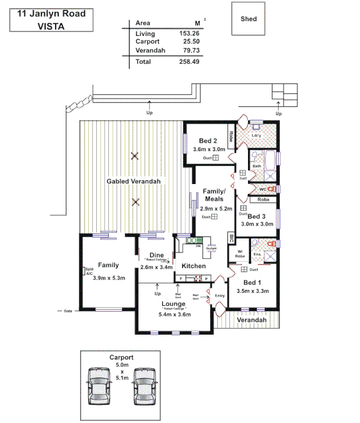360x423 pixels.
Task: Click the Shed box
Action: tap(248, 19)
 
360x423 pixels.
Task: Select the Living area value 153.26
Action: tap(190, 33)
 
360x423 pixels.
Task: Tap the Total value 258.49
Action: tap(190, 62)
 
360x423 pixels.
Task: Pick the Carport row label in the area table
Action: tap(147, 42)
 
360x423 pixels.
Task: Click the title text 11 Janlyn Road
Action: tap(51, 14)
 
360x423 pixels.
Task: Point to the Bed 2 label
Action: tap(208, 141)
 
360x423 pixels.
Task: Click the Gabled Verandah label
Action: tap(133, 181)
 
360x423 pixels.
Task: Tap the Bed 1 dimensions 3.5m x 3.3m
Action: tap(253, 291)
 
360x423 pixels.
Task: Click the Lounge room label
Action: tap(173, 304)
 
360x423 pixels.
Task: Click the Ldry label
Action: tap(256, 135)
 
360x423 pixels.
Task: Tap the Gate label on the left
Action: tap(67, 311)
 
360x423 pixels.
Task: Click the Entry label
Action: tap(220, 296)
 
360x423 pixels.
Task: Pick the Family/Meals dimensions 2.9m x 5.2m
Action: tap(216, 209)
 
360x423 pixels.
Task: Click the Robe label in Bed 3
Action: tap(263, 200)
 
